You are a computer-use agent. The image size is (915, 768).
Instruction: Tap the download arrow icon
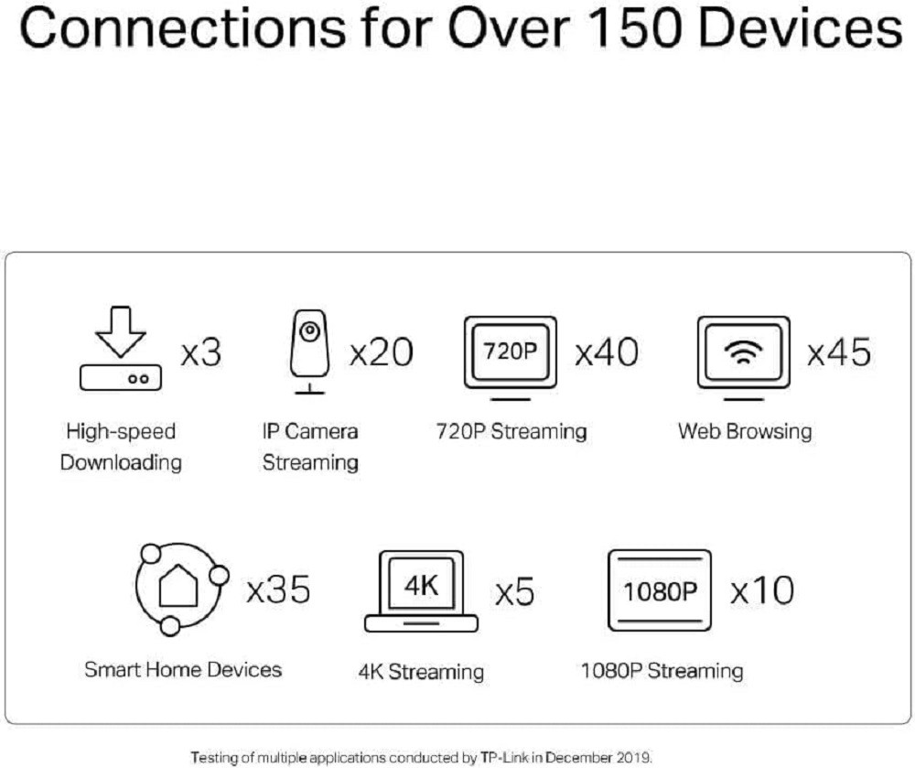point(120,331)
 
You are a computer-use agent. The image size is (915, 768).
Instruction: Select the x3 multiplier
point(201,352)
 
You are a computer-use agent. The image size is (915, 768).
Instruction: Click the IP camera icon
point(309,352)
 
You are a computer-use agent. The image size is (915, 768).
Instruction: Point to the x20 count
point(381,352)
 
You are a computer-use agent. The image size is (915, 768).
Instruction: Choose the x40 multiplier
point(607,352)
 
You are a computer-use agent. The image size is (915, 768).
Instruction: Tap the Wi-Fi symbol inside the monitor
point(743,352)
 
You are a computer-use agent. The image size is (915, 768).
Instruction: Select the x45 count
point(838,352)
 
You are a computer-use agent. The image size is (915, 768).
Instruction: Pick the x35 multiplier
point(278,590)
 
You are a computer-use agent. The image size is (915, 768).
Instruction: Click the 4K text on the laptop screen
point(421,585)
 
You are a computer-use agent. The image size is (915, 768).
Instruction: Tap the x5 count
point(514,591)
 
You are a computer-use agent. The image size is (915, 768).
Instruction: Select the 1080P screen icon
point(660,590)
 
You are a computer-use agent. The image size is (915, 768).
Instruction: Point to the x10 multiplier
point(762,590)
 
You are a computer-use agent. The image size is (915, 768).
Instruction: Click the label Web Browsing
point(745,431)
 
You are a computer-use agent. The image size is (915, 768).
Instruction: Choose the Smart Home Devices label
point(183,669)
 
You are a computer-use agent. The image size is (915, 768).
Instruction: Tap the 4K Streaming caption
point(421,672)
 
